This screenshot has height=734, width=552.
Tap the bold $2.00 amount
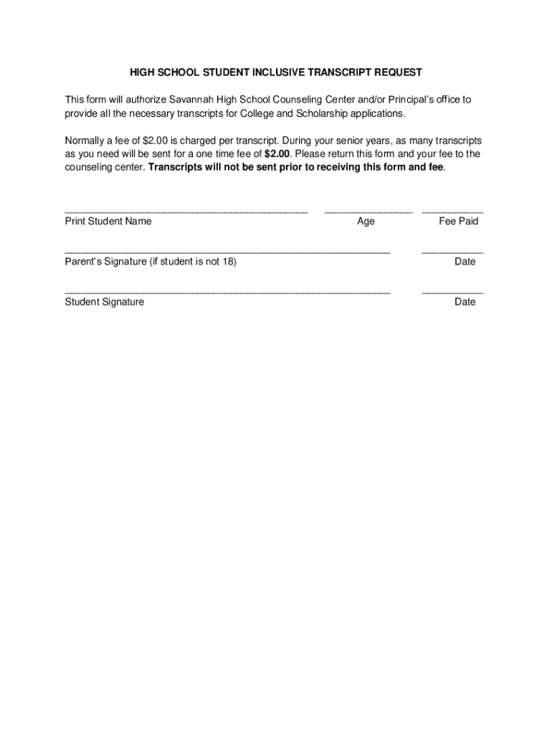(x=277, y=154)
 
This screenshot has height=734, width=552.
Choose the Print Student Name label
(x=108, y=221)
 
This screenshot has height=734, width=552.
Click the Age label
(x=366, y=221)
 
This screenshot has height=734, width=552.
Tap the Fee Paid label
(x=458, y=221)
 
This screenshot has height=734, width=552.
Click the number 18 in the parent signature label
(x=228, y=262)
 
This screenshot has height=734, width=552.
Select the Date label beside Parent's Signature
(x=465, y=262)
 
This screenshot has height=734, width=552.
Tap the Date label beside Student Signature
(x=465, y=302)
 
